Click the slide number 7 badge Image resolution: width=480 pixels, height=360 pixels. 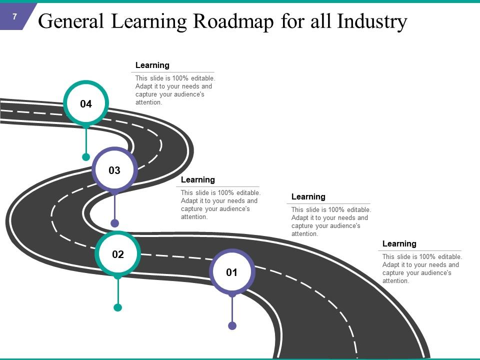[15, 16]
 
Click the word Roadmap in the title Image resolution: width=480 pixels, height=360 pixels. [232, 22]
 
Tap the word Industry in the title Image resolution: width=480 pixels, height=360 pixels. [372, 22]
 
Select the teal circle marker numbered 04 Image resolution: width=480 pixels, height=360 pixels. [86, 104]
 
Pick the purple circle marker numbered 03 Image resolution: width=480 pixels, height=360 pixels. [114, 170]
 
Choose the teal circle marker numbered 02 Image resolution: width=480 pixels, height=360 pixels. [117, 254]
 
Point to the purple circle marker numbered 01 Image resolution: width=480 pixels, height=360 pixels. [231, 272]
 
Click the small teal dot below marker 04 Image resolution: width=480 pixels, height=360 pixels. [86, 157]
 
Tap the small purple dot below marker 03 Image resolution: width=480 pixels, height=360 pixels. [114, 223]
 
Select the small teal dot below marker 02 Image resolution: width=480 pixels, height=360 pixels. [117, 307]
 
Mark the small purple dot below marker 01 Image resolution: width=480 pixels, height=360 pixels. [232, 325]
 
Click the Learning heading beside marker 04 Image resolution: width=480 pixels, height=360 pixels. [152, 65]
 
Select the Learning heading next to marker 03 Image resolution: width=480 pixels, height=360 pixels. [198, 180]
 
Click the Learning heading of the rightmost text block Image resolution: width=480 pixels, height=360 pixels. [399, 244]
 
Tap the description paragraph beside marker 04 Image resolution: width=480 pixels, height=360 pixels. [175, 90]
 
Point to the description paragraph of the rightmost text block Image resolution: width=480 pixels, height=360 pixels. [422, 269]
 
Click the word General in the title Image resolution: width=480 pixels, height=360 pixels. [71, 22]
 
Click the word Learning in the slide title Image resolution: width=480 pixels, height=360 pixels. [148, 22]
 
